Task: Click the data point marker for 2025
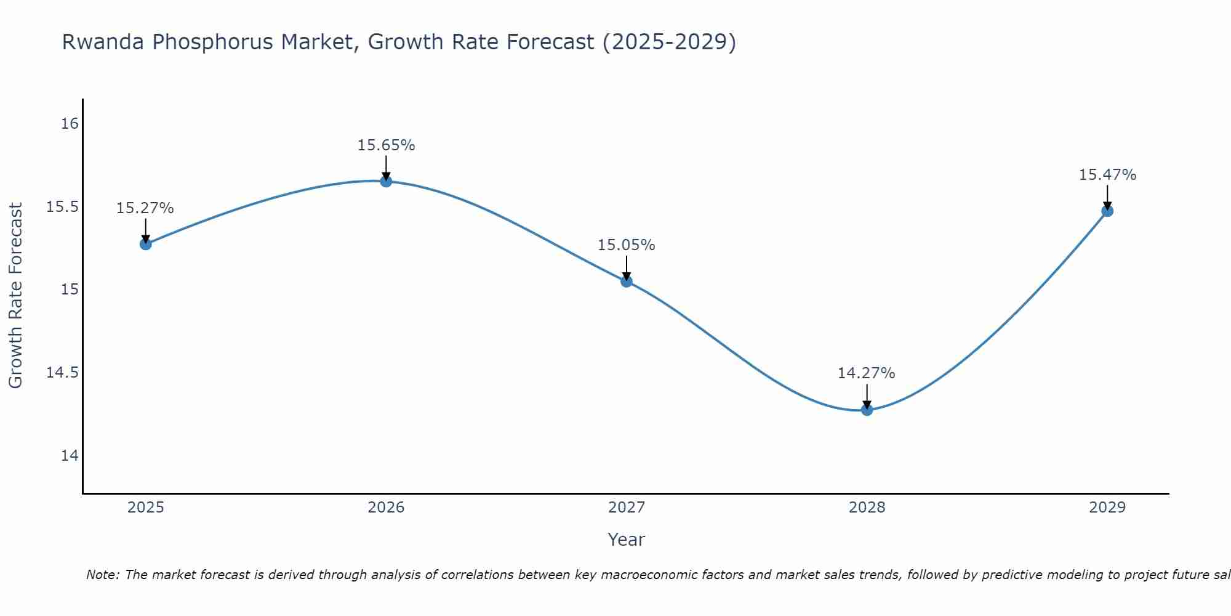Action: [145, 244]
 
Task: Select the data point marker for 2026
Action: [386, 181]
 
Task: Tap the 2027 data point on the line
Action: [627, 282]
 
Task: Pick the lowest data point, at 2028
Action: [867, 410]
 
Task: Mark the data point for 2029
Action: [1107, 211]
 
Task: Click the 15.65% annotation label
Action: [386, 145]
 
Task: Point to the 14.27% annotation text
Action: [866, 373]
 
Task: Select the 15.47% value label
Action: [1107, 175]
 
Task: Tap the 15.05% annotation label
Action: [626, 245]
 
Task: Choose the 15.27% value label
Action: [145, 208]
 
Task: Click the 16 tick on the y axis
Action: [70, 124]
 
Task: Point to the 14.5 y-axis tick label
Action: [63, 373]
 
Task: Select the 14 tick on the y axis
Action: [70, 456]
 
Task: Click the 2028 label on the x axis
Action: [867, 508]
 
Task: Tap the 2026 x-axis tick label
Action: [386, 508]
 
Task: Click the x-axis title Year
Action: [626, 540]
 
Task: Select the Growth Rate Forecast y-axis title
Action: [15, 296]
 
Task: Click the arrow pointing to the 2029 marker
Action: [1107, 197]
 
